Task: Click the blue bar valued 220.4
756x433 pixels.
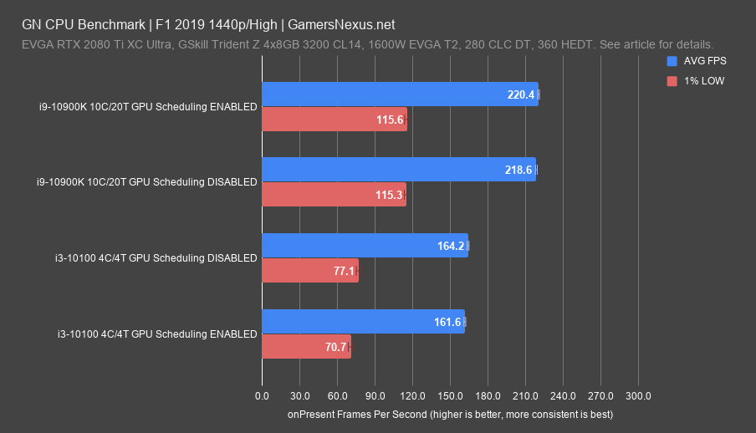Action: pyautogui.click(x=400, y=94)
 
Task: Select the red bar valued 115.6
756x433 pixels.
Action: pyautogui.click(x=335, y=120)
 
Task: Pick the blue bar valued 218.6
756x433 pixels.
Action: pyautogui.click(x=399, y=170)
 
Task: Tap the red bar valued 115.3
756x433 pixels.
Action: pyautogui.click(x=334, y=195)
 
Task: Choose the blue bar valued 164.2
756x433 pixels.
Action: pyautogui.click(x=365, y=246)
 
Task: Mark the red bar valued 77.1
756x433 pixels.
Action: pyautogui.click(x=310, y=271)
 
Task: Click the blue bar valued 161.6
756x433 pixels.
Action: pyautogui.click(x=363, y=322)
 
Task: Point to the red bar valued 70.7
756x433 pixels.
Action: pyautogui.click(x=306, y=347)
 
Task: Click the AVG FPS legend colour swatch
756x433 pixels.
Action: pyautogui.click(x=672, y=61)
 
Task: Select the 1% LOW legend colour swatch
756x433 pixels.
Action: pyautogui.click(x=672, y=81)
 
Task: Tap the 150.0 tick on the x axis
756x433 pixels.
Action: pyautogui.click(x=450, y=395)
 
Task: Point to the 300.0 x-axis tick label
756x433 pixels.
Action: pyautogui.click(x=638, y=395)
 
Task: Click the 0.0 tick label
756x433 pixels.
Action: pyautogui.click(x=262, y=395)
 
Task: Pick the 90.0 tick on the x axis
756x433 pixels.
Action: pyautogui.click(x=375, y=395)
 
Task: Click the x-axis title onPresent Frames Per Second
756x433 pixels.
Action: pyautogui.click(x=450, y=414)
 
